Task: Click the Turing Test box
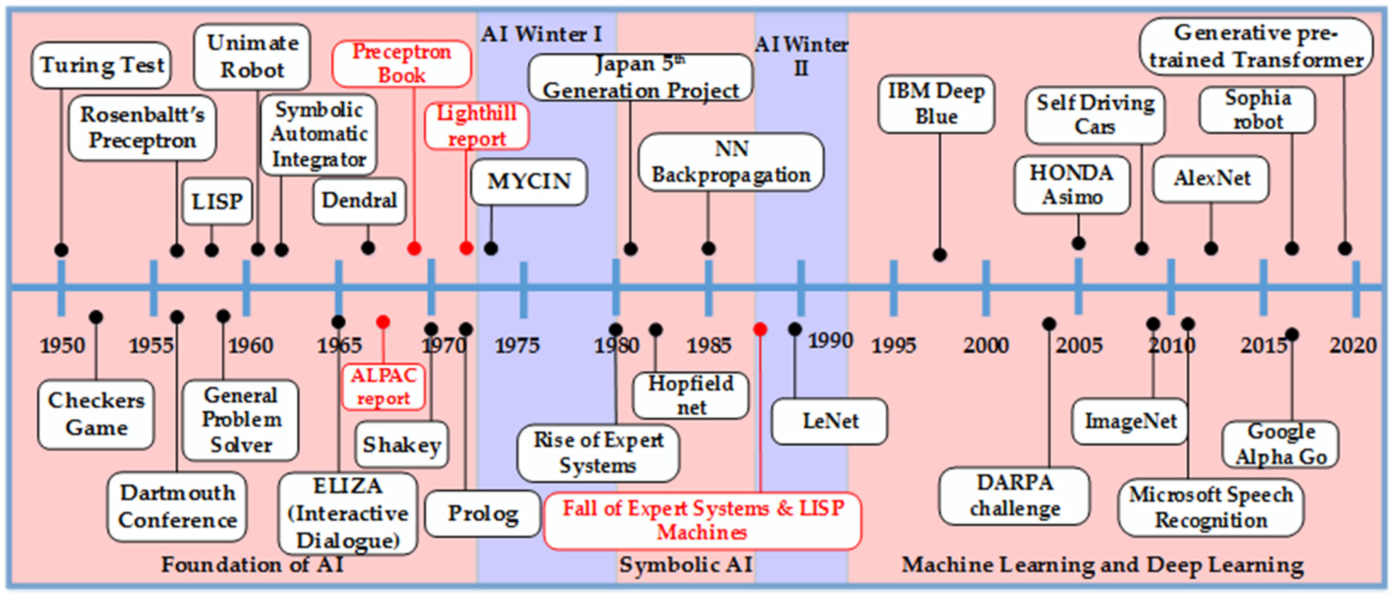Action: click(x=101, y=65)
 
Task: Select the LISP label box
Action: click(x=217, y=202)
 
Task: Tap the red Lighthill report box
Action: click(x=476, y=126)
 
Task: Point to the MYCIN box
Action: click(x=529, y=182)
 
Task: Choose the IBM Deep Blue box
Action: click(x=936, y=104)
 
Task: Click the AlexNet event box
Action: click(x=1211, y=179)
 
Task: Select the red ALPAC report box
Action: click(x=383, y=386)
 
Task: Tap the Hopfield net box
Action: click(x=691, y=395)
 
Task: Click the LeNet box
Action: click(x=830, y=421)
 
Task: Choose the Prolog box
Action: click(x=482, y=513)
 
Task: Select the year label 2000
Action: click(x=986, y=345)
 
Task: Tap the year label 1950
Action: click(x=62, y=345)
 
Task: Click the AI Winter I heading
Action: click(x=541, y=35)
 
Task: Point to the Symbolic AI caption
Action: click(x=685, y=565)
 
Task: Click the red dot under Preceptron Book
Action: click(x=414, y=249)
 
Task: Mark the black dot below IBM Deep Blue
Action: click(x=940, y=255)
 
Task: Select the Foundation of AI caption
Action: click(x=252, y=565)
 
